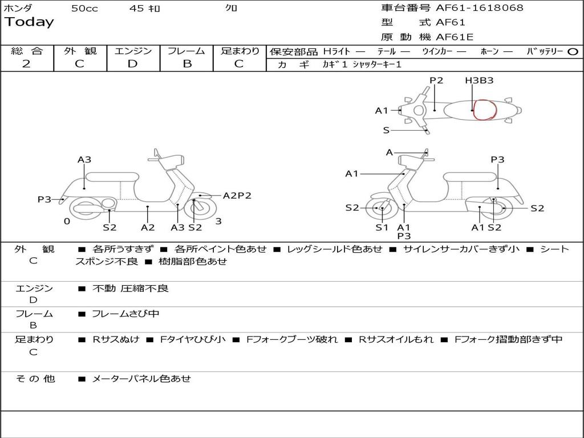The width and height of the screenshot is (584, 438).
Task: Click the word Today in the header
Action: pyautogui.click(x=29, y=22)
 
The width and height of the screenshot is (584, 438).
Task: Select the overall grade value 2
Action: pyautogui.click(x=26, y=64)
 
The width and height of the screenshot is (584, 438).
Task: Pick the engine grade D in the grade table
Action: pyautogui.click(x=132, y=64)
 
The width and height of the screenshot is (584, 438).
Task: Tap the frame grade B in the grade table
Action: pyautogui.click(x=186, y=64)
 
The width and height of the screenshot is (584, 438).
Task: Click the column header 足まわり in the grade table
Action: pyautogui.click(x=240, y=51)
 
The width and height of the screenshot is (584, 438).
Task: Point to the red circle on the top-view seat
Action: pyautogui.click(x=485, y=109)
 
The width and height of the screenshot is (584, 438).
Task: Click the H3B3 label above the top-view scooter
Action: pyautogui.click(x=478, y=80)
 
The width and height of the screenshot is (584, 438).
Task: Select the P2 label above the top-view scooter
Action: pyautogui.click(x=436, y=80)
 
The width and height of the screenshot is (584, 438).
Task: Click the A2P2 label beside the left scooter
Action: pyautogui.click(x=237, y=196)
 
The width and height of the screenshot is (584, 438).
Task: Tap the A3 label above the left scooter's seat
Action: pyautogui.click(x=84, y=160)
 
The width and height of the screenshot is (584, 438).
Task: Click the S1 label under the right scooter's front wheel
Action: pyautogui.click(x=382, y=228)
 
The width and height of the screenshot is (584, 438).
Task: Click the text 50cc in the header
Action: pyautogui.click(x=84, y=9)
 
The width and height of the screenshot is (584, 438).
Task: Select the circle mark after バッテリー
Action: pyautogui.click(x=573, y=52)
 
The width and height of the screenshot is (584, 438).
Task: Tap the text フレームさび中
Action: pyautogui.click(x=125, y=314)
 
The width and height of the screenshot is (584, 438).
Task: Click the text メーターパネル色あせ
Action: pyautogui.click(x=141, y=379)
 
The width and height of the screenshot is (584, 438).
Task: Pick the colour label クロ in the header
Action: pyautogui.click(x=232, y=9)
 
